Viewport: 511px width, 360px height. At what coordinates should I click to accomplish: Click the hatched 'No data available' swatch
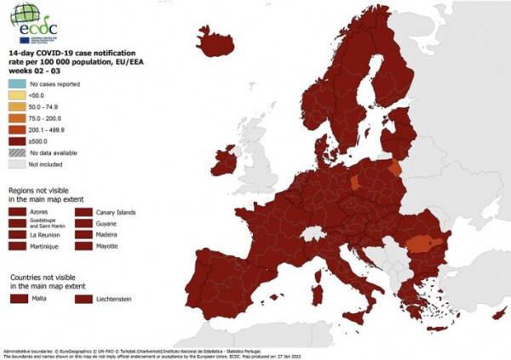tap(17, 152)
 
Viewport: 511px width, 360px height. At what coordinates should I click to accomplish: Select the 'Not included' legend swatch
tap(17, 163)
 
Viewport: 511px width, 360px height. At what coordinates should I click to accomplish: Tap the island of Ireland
tap(223, 160)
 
